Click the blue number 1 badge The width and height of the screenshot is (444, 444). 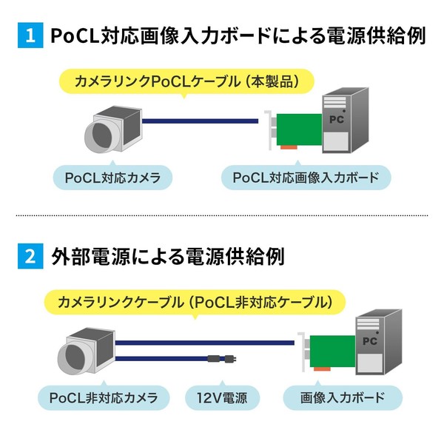pyautogui.click(x=30, y=36)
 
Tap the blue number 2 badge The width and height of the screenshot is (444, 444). pyautogui.click(x=30, y=256)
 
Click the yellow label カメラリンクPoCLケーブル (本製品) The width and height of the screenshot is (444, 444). pyautogui.click(x=186, y=82)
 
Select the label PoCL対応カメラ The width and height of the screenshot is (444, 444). pyautogui.click(x=112, y=178)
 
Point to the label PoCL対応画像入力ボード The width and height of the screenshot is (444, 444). pyautogui.click(x=306, y=178)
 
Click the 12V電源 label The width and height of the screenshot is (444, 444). pyautogui.click(x=222, y=398)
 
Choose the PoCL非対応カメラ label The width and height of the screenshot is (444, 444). pyautogui.click(x=104, y=398)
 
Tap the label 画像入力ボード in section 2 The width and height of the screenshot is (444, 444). pyautogui.click(x=343, y=398)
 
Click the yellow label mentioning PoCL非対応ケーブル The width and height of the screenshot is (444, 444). pyautogui.click(x=195, y=303)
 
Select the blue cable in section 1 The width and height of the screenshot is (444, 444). pyautogui.click(x=201, y=121)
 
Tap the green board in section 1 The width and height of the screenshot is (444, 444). pyautogui.click(x=299, y=129)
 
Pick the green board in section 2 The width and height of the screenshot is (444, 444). pyautogui.click(x=332, y=351)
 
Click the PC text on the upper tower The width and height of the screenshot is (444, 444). pyautogui.click(x=337, y=119)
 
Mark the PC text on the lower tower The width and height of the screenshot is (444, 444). pyautogui.click(x=370, y=341)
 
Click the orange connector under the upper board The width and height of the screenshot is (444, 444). pyautogui.click(x=289, y=147)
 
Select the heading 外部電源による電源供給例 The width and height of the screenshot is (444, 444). pyautogui.click(x=168, y=257)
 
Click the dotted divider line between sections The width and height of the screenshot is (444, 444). pyautogui.click(x=222, y=215)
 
